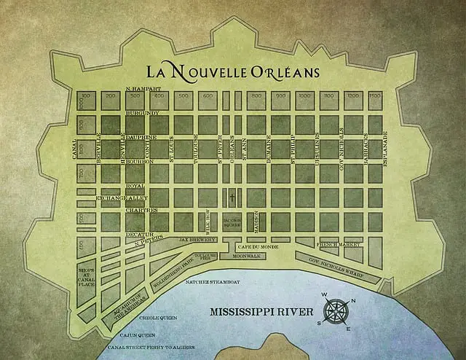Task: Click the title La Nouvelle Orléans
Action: pos(234,72)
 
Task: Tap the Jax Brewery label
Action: pos(198,239)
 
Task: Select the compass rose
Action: pos(336,312)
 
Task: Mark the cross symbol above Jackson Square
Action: pos(232,197)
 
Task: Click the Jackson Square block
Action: pos(232,222)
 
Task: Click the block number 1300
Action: pos(374,95)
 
